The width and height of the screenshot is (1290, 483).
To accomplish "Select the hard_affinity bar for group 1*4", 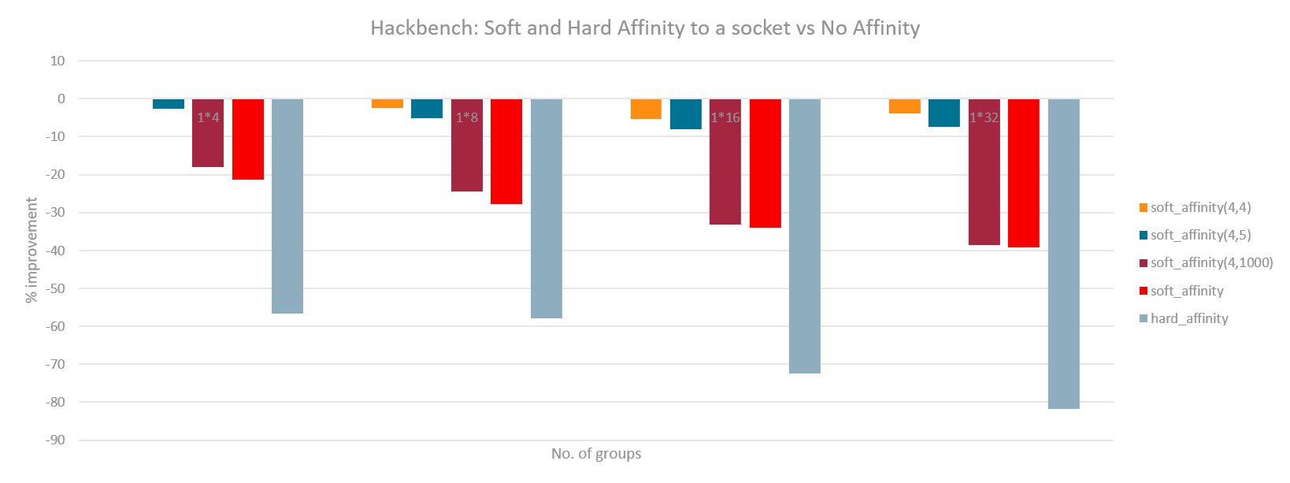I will click(x=287, y=206).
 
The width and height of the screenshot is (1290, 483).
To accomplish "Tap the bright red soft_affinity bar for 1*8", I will click(x=506, y=151).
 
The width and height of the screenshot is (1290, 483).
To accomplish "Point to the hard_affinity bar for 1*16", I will click(x=804, y=236).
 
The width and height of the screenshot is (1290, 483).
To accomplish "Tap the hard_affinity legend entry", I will click(x=1188, y=318).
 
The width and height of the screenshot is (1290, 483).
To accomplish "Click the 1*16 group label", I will click(x=725, y=117).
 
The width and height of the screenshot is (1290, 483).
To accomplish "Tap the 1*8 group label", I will click(x=467, y=117).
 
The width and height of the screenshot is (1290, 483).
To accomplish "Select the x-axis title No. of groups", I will click(x=596, y=454).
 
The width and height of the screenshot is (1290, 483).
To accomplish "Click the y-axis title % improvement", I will click(x=32, y=251).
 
